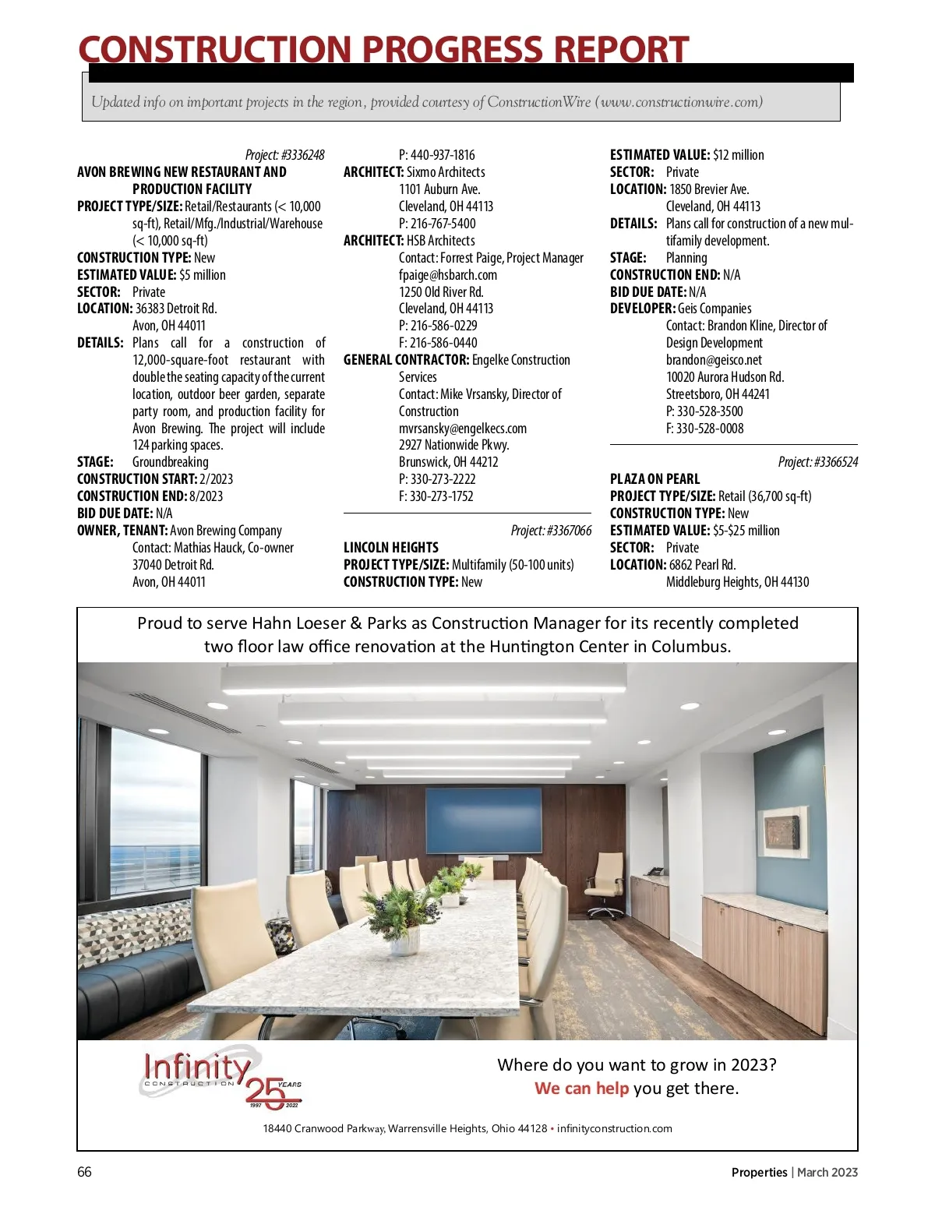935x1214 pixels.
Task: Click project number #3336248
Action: coord(284,155)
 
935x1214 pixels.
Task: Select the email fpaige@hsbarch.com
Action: coord(447,275)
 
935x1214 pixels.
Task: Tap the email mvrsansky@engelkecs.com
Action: coord(462,429)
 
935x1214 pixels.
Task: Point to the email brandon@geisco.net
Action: coord(714,360)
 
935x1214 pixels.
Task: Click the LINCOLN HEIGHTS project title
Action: coord(390,548)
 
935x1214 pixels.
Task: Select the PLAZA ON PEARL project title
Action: coord(654,479)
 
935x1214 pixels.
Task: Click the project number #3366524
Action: coord(817,462)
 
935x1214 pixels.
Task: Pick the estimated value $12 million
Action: coord(738,155)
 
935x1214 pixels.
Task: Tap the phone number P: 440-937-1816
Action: coord(436,155)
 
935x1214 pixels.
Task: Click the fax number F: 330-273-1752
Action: coord(436,496)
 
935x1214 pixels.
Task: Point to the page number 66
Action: coord(84,1172)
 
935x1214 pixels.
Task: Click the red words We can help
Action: coord(581,1089)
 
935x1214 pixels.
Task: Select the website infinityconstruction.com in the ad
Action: coord(614,1128)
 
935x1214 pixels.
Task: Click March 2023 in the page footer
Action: coord(827,1172)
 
